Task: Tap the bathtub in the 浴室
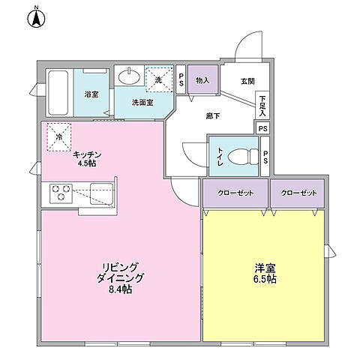[58, 91]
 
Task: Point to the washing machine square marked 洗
[158, 76]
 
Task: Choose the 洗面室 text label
[142, 102]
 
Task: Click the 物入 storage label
[202, 80]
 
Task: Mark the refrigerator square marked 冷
[58, 136]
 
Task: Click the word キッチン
[88, 154]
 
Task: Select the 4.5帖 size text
[88, 163]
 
